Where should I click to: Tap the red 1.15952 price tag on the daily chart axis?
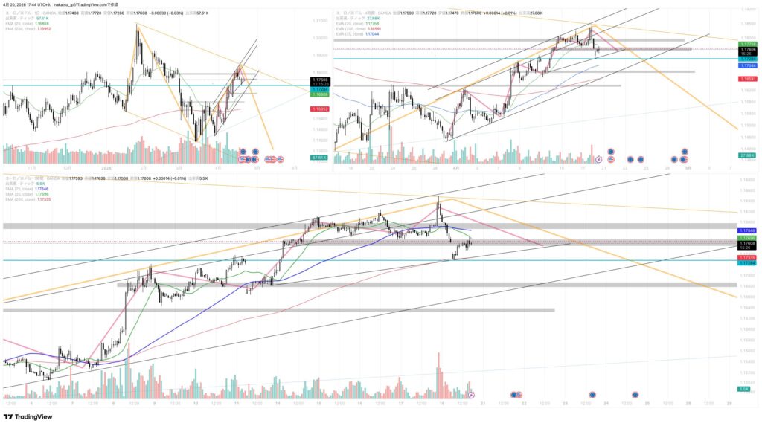click(320, 109)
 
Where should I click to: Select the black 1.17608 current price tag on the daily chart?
click(320, 80)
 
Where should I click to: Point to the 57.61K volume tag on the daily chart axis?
click(320, 158)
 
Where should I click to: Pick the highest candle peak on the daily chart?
click(138, 25)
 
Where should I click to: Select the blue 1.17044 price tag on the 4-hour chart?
click(746, 66)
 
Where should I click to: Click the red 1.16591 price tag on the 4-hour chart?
click(746, 78)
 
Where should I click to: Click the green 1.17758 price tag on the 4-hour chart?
click(746, 45)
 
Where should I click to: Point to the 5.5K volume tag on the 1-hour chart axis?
click(744, 389)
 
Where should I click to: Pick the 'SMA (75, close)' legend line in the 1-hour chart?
click(22, 189)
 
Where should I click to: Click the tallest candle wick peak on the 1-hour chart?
click(439, 196)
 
